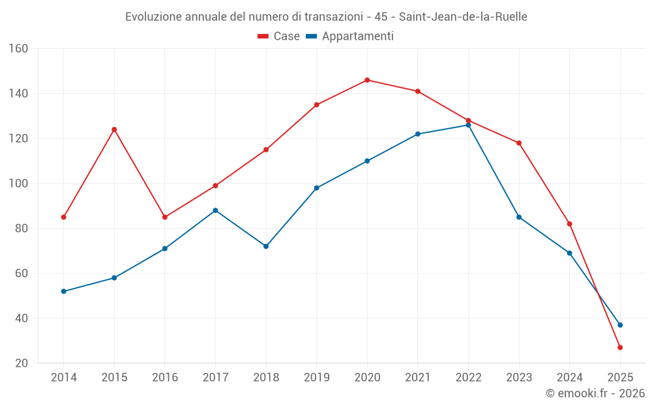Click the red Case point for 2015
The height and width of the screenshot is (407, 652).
click(114, 130)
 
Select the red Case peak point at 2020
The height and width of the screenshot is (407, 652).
click(367, 80)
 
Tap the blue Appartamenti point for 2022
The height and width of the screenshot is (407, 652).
click(468, 125)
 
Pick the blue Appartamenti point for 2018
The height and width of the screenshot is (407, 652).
click(266, 246)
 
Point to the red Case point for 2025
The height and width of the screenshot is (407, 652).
click(620, 348)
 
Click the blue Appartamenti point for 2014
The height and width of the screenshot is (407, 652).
click(63, 291)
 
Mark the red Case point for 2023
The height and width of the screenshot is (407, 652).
click(519, 143)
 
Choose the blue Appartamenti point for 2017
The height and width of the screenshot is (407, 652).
click(215, 210)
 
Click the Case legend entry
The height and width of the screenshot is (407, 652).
click(279, 36)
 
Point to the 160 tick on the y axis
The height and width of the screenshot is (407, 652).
click(18, 49)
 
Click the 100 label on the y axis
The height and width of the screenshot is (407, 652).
click(18, 184)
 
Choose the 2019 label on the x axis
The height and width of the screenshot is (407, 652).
click(316, 378)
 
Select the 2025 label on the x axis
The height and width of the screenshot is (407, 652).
click(620, 378)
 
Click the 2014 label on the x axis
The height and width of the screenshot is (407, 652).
click(63, 378)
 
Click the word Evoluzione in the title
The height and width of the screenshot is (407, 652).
click(152, 17)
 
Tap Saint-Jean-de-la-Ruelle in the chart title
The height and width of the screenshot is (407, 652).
click(463, 17)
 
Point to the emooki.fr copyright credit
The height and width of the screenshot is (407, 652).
click(595, 393)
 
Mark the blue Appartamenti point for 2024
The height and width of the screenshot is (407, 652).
click(569, 253)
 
